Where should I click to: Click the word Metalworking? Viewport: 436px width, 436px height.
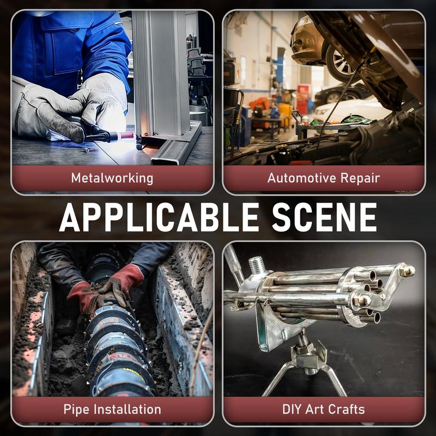pos(112,178)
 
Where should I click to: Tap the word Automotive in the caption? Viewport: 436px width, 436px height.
pos(302,178)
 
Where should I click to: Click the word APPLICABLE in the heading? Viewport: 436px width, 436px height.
pos(159,217)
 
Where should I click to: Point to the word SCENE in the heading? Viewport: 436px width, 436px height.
pos(324,217)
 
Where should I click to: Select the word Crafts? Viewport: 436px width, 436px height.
pos(346,409)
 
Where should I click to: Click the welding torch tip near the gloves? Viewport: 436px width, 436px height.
pos(126,136)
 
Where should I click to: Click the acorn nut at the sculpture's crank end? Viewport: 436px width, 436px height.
pos(408,270)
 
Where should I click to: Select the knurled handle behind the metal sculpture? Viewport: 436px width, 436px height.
pos(234,266)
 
